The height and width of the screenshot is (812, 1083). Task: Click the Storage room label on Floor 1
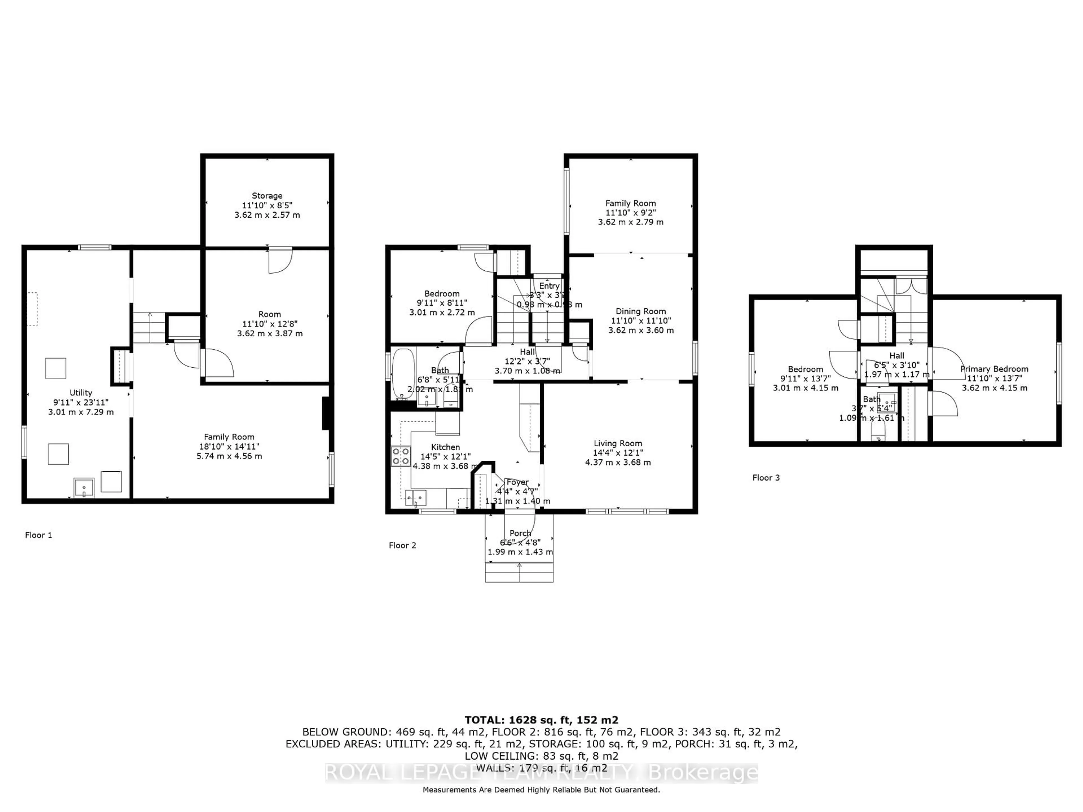pos(267,196)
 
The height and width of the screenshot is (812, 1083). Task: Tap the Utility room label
pos(81,392)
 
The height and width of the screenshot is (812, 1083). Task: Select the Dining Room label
pos(640,311)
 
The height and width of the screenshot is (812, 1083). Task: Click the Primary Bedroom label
pos(994,369)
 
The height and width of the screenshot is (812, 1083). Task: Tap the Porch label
pos(520,533)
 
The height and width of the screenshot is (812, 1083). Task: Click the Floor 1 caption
pos(38,535)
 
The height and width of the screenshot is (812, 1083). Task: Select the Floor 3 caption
pos(766,478)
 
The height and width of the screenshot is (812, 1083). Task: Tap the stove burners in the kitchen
pos(400,456)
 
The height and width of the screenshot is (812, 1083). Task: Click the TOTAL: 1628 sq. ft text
pos(541,720)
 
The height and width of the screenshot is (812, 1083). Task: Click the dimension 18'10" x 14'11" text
pos(229,446)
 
